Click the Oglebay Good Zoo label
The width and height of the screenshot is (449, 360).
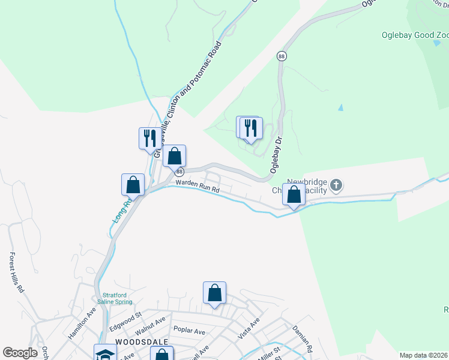coord(415,34)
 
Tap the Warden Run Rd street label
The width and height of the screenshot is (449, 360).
coord(197,187)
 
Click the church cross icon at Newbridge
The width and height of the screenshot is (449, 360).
coord(337,186)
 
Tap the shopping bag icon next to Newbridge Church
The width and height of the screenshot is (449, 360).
coord(294,195)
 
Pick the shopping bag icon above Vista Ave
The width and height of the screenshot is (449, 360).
coord(215,294)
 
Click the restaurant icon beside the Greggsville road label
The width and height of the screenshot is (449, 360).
coord(148,139)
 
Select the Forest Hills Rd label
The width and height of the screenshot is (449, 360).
coord(16,272)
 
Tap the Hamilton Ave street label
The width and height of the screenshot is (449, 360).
coord(82,324)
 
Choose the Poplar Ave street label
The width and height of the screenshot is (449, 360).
coord(188,331)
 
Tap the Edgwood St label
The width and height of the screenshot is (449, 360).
coord(125,317)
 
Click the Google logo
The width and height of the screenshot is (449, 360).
coord(20,353)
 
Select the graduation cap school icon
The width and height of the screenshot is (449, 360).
coord(104,354)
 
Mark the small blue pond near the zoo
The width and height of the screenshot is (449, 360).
coord(340,108)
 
